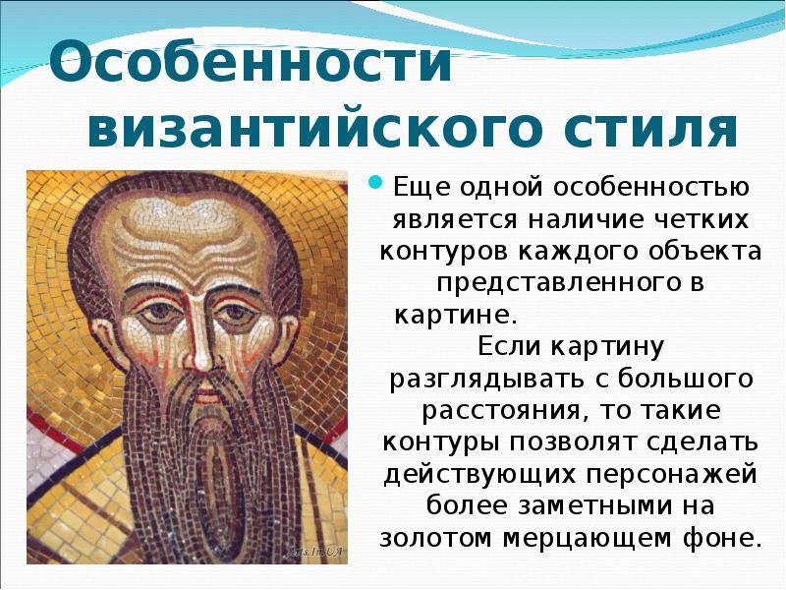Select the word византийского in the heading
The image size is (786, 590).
click(314, 129)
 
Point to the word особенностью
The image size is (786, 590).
click(651, 187)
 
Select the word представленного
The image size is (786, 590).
click(556, 283)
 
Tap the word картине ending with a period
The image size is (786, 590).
click(456, 315)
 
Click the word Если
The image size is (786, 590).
click(509, 346)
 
